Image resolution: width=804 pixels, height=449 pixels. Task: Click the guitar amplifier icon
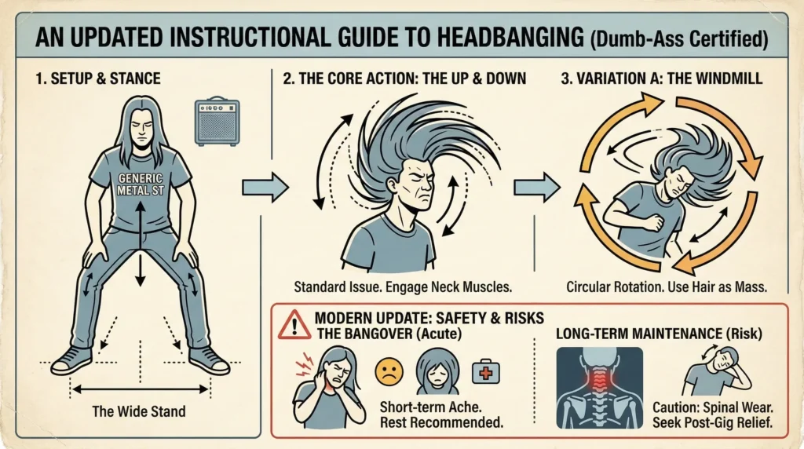(217, 121)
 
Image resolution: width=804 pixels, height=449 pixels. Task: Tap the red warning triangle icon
(294, 325)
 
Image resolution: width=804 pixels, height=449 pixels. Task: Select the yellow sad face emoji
(389, 371)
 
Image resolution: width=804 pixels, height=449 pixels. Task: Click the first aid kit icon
(485, 371)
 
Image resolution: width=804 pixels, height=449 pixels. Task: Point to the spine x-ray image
(599, 388)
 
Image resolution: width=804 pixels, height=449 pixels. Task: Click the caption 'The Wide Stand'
(139, 411)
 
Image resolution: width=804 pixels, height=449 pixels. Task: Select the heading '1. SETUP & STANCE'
(98, 78)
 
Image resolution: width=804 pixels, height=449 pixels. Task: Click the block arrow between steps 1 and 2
(265, 187)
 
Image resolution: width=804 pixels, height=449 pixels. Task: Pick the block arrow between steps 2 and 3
(536, 187)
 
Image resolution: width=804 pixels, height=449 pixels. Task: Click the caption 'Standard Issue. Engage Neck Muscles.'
(403, 287)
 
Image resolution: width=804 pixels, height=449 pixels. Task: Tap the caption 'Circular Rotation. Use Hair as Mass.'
(667, 287)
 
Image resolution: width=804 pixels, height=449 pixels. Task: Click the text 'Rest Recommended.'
(441, 422)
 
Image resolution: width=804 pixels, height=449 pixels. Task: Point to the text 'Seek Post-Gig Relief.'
(712, 423)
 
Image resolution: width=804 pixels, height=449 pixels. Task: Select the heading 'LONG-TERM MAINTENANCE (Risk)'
(659, 334)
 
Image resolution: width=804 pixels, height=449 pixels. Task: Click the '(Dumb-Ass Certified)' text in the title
(679, 39)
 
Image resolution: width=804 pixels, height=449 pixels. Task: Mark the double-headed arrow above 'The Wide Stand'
(140, 389)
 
